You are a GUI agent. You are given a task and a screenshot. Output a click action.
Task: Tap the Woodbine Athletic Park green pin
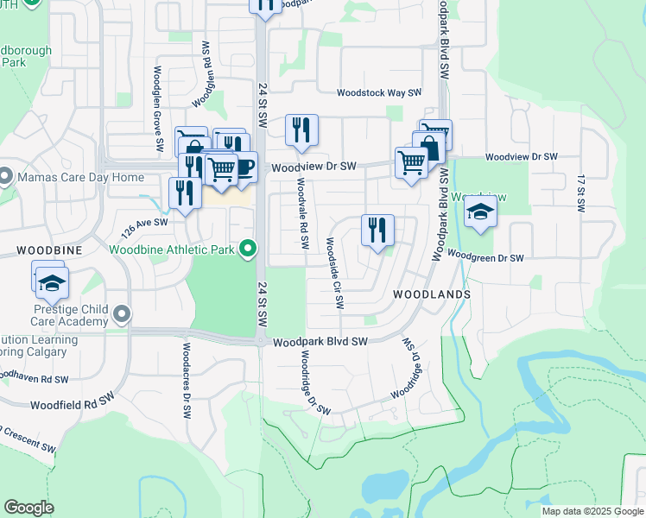click(x=248, y=250)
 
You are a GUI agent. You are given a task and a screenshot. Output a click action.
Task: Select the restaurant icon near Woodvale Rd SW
click(x=302, y=130)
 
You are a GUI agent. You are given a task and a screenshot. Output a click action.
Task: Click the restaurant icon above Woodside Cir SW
click(x=377, y=231)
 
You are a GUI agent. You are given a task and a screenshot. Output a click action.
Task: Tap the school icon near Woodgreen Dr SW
click(x=480, y=212)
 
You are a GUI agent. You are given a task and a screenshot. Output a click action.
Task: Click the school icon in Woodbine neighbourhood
click(x=52, y=281)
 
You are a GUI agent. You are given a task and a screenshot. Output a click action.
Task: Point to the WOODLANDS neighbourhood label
click(x=432, y=294)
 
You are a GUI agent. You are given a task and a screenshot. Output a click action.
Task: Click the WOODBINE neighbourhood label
click(x=49, y=249)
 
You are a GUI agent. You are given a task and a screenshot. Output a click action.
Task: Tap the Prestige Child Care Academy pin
click(x=121, y=315)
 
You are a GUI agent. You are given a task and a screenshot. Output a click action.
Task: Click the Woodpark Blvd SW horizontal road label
click(x=320, y=342)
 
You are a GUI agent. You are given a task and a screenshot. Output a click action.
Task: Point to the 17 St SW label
click(x=581, y=192)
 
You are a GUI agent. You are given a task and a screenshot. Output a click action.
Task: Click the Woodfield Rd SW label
click(x=73, y=403)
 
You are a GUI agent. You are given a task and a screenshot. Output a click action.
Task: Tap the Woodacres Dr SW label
click(x=186, y=381)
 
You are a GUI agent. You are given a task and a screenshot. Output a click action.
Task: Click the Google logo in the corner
click(x=28, y=508)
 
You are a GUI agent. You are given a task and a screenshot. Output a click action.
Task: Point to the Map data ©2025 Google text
click(x=592, y=511)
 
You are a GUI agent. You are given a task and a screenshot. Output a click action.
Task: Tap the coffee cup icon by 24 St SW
click(x=244, y=167)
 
